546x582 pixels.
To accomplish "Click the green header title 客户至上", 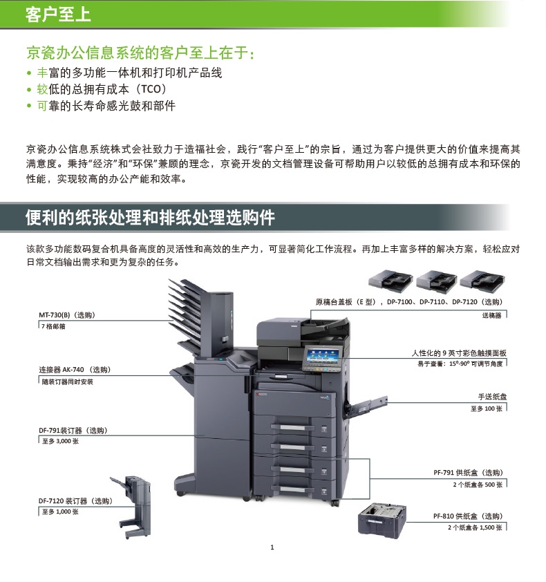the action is tap(58, 15).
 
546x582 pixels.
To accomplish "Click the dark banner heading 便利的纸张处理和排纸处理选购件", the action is tap(151, 218).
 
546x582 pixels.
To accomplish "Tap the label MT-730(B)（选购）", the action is tap(67, 315).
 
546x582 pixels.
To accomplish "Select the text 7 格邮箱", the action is tap(53, 327).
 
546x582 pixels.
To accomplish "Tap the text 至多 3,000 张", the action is tap(60, 441).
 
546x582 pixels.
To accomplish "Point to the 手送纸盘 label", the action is tap(492, 397).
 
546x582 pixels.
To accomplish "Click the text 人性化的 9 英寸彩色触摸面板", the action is tap(459, 353).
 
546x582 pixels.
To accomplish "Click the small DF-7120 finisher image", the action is tap(133, 506).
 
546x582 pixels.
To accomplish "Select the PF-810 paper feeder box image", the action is tap(382, 520).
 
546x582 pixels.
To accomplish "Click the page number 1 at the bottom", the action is tap(272, 547).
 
